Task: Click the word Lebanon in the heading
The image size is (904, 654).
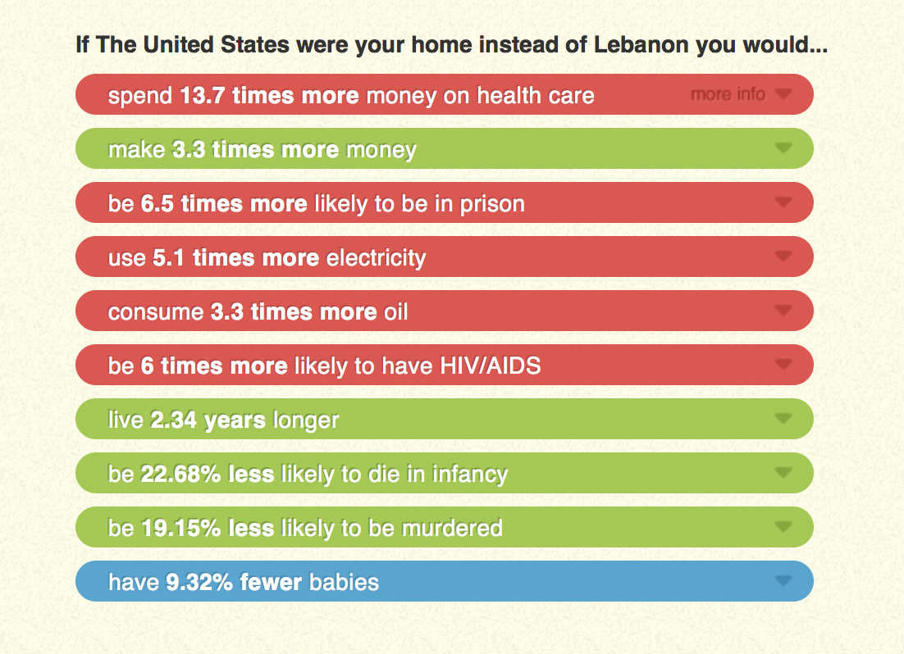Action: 641,44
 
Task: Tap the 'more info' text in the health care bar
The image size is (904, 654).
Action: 728,94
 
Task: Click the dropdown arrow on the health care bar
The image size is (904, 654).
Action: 783,94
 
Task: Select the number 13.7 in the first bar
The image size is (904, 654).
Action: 203,96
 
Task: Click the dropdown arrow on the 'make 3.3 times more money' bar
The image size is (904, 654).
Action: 783,148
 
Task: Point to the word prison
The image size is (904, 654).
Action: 491,204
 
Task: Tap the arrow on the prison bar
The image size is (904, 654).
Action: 783,202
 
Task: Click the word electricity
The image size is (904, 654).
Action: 376,258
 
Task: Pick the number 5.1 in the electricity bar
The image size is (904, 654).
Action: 169,258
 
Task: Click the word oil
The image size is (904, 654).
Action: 395,312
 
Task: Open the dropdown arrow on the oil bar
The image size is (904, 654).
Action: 783,311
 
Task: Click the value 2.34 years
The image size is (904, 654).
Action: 208,420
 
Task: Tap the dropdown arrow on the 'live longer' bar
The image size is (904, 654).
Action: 783,419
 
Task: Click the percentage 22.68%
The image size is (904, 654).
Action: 180,475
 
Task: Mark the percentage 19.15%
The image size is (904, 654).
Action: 180,529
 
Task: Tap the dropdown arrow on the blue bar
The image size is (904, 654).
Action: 783,581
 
